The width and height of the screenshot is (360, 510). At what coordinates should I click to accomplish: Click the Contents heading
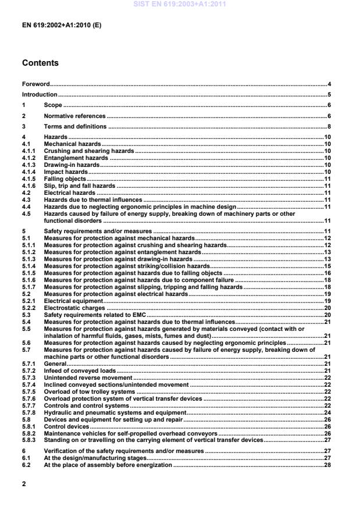tap(40, 63)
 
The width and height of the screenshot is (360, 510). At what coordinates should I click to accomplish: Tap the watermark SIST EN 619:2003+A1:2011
tap(180, 4)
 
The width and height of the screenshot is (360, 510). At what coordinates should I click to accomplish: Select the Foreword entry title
tap(35, 84)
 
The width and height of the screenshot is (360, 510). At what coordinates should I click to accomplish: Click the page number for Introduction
tap(329, 95)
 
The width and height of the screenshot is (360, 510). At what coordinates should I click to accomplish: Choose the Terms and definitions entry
tap(75, 126)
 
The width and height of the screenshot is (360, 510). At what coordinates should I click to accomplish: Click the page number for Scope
tap(329, 105)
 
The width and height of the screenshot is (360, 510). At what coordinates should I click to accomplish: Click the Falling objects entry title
tap(65, 179)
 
